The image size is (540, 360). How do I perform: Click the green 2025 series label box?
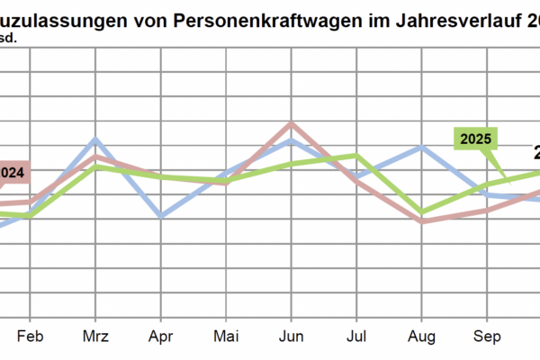pyautogui.click(x=474, y=139)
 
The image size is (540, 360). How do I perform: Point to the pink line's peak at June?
pyautogui.click(x=290, y=124)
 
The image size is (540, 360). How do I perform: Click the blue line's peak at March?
pyautogui.click(x=95, y=140)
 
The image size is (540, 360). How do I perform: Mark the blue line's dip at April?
pyautogui.click(x=160, y=216)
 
